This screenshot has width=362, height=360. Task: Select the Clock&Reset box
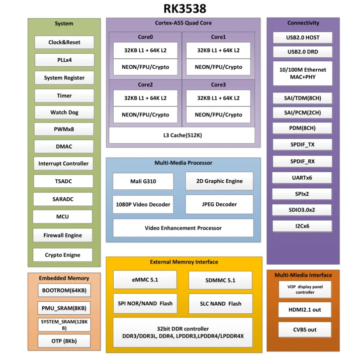click(64, 42)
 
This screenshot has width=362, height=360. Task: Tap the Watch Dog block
click(64, 112)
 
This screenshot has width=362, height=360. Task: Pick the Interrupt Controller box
click(63, 163)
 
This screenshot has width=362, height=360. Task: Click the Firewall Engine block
click(63, 235)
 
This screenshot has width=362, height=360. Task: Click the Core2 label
click(145, 84)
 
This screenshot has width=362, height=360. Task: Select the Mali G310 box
click(143, 181)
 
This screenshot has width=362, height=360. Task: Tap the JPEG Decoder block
click(219, 204)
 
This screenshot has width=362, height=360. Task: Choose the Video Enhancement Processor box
click(183, 228)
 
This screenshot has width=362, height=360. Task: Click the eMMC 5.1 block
click(144, 280)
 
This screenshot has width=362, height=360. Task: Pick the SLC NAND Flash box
click(221, 303)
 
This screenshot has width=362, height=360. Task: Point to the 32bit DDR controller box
click(183, 332)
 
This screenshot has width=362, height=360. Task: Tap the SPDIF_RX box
click(302, 161)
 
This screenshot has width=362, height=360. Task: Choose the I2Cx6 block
click(302, 226)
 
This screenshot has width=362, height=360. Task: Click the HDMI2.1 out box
click(305, 310)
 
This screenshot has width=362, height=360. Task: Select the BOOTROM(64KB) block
click(64, 291)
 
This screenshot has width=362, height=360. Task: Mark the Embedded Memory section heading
click(64, 278)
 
